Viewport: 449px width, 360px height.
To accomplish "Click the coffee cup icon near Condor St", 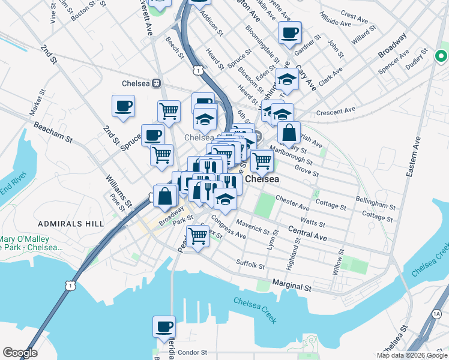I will [164, 328].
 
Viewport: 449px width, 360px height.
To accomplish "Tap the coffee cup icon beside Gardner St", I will [289, 34].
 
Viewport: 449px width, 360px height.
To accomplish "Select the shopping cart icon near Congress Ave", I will [197, 235].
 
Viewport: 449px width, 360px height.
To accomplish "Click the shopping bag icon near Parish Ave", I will [289, 133].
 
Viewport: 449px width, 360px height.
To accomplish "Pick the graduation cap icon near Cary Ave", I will [288, 80].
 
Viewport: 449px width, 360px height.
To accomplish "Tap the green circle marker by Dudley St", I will [441, 57].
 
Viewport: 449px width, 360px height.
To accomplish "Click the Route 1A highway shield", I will [436, 314].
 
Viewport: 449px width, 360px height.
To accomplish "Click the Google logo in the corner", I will [20, 353].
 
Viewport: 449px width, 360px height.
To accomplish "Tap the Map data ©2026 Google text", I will [411, 355].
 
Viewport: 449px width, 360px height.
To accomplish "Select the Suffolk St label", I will [250, 264].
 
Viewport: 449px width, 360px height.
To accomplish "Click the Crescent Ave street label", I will [336, 111].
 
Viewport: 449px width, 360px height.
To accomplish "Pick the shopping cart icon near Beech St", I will [169, 110].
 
